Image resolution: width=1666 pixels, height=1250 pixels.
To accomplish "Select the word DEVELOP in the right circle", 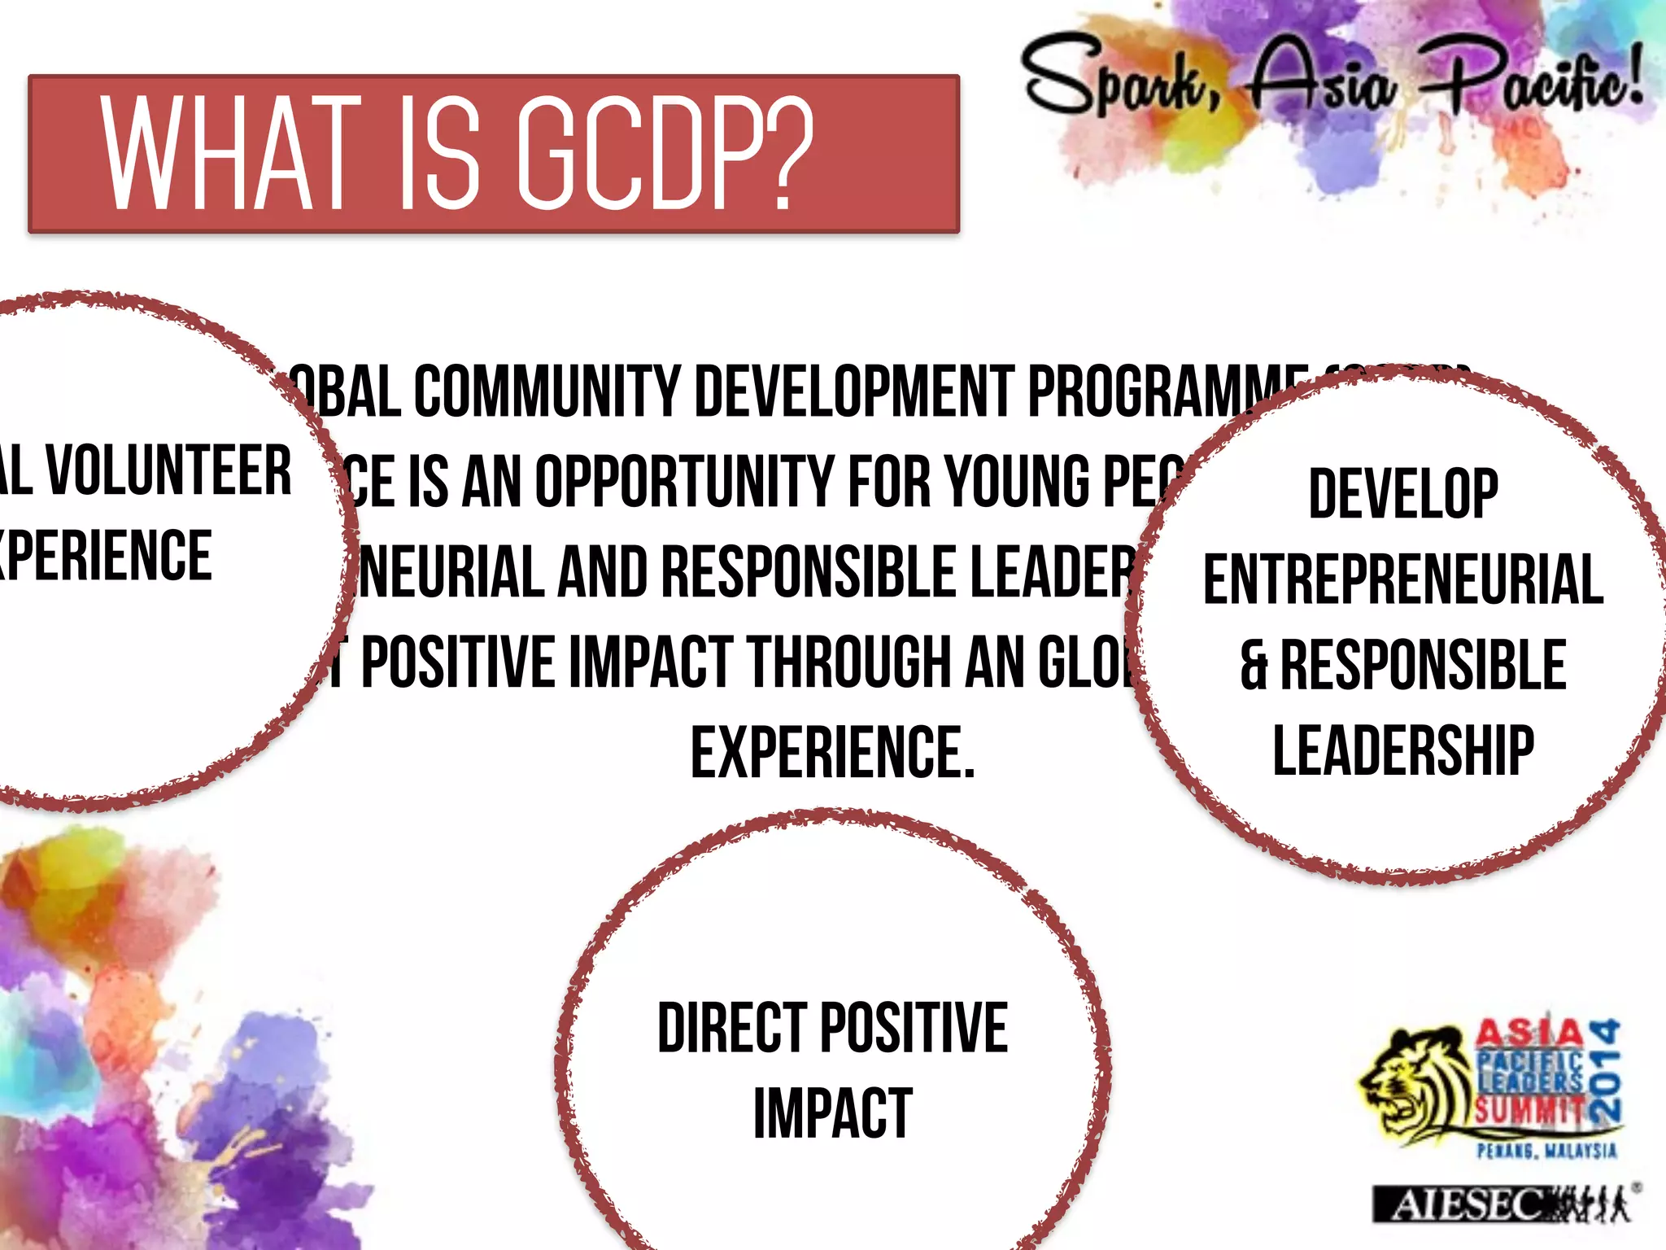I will point(1403,493).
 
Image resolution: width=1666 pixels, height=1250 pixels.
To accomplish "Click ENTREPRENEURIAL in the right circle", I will point(1403,579).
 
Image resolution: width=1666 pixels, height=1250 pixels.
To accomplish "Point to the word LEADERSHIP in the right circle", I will point(1403,750).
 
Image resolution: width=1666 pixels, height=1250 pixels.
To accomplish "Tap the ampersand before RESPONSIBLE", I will point(1254,665).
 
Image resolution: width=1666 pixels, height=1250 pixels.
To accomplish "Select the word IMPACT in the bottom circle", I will point(832,1114).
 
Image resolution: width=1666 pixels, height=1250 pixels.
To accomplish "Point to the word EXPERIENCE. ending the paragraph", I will point(832,753).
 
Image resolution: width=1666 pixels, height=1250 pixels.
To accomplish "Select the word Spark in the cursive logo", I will point(1119,77).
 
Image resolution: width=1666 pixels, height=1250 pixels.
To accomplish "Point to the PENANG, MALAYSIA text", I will point(1546,1151).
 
